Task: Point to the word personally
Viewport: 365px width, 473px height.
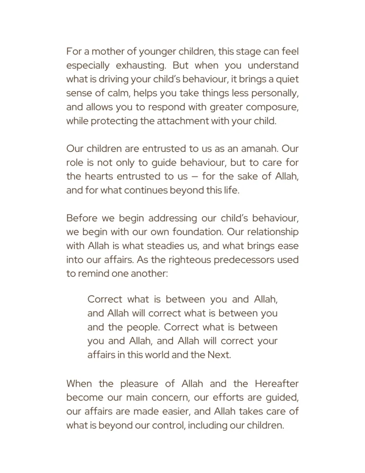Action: (272, 93)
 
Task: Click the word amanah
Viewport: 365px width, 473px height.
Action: (257, 149)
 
